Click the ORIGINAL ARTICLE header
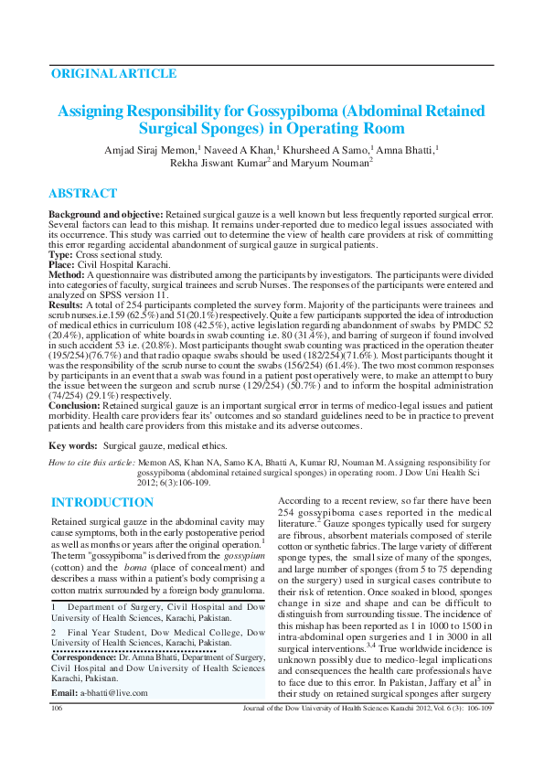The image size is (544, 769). pyautogui.click(x=113, y=73)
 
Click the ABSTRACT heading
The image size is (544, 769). pyautogui.click(x=82, y=194)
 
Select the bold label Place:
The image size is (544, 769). pyautogui.click(x=64, y=263)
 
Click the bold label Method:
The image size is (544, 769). pyautogui.click(x=67, y=273)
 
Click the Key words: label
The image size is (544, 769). pyautogui.click(x=74, y=445)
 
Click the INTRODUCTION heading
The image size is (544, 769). pyautogui.click(x=102, y=503)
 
